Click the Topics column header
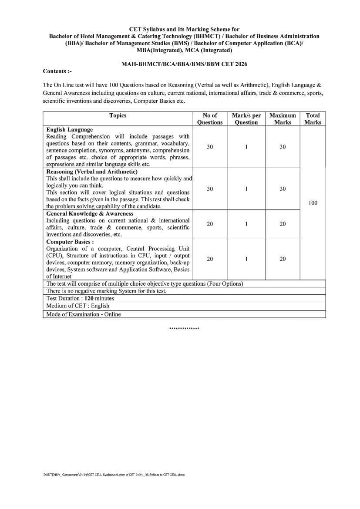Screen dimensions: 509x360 (x=118, y=115)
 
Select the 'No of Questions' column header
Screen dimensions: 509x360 (x=210, y=119)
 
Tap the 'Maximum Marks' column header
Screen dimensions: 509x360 (x=283, y=119)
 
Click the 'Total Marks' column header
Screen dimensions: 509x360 (x=313, y=119)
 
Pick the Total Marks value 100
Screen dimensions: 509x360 (x=313, y=203)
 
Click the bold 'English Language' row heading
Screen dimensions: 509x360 (x=69, y=130)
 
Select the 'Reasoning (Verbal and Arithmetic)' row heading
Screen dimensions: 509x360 (x=92, y=172)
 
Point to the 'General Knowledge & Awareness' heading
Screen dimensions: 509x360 (x=90, y=214)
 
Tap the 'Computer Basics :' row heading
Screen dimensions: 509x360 (x=70, y=242)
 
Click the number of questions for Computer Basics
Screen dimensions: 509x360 (x=210, y=259)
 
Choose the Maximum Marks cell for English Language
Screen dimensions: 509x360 (x=283, y=147)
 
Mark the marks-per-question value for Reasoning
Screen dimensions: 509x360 (x=246, y=189)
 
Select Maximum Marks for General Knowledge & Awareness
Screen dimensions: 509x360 (x=283, y=224)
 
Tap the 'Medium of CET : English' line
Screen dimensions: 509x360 (x=78, y=306)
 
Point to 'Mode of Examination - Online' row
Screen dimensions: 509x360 (x=84, y=314)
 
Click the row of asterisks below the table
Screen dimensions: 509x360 (x=184, y=328)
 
